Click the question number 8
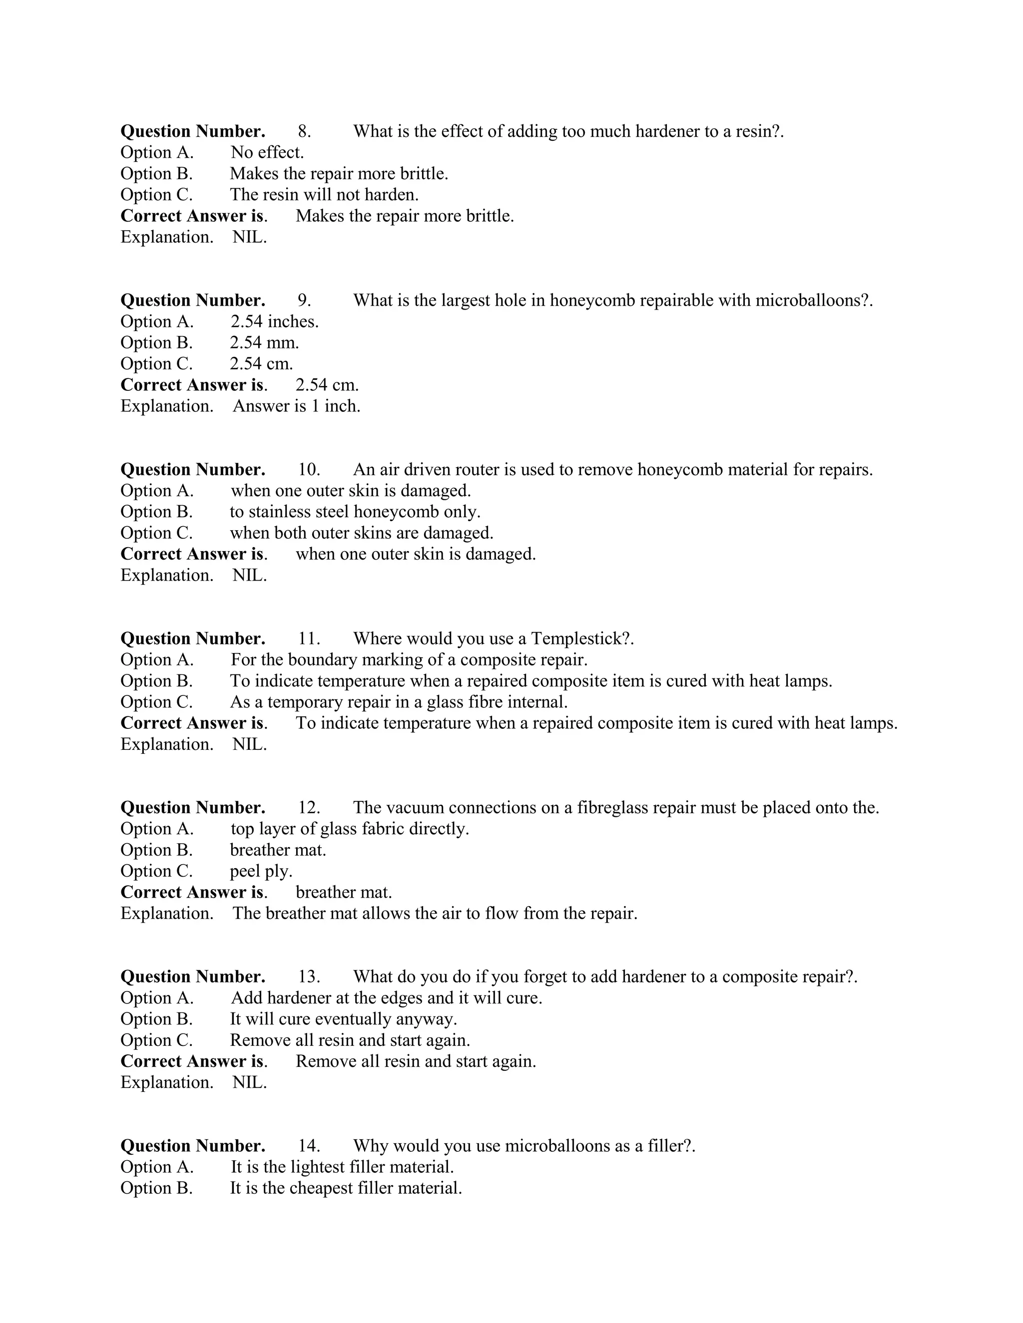point(304,131)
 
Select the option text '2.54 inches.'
point(275,322)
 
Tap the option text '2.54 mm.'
point(264,343)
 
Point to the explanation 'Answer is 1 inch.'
point(296,406)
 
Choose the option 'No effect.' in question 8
point(267,152)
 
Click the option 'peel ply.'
point(261,871)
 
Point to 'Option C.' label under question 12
point(156,871)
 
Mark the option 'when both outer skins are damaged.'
point(362,533)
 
